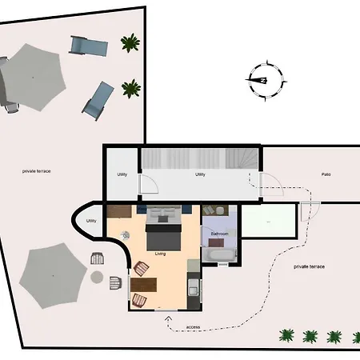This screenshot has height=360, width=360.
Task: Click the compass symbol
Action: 262,80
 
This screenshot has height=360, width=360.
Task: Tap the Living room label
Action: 161,254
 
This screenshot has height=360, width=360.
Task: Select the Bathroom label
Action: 219,234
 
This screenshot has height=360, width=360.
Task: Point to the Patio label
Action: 326,174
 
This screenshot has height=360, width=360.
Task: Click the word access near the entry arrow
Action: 194,327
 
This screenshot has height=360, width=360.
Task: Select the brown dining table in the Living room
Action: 145,285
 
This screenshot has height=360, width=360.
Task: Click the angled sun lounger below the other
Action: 98,99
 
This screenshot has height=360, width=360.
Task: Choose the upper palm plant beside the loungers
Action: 129,42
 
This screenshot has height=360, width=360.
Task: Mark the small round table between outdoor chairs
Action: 98,278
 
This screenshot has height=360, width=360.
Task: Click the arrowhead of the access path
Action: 168,320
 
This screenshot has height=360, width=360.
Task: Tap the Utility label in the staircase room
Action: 201,174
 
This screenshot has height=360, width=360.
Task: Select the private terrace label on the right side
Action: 309,266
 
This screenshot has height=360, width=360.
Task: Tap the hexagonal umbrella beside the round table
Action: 52,272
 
